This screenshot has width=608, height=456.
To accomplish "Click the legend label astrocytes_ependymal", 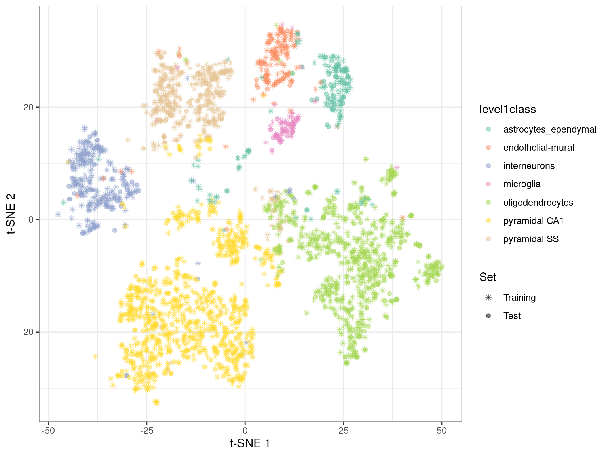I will click(x=549, y=129).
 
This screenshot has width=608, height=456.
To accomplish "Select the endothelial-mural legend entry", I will click(x=538, y=148).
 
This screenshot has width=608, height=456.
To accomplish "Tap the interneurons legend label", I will click(x=529, y=166).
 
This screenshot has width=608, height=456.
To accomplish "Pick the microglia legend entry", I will click(x=522, y=184).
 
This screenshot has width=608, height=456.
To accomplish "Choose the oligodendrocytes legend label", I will click(x=538, y=203).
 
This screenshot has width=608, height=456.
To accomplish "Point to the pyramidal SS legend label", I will click(x=531, y=239).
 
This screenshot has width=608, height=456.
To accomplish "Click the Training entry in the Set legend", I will click(x=519, y=298).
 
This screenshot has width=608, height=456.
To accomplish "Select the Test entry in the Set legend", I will click(x=512, y=316).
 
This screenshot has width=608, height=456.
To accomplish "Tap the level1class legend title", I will click(x=507, y=109).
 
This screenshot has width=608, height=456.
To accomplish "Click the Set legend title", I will click(x=488, y=277).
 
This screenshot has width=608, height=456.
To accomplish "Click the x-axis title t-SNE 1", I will click(x=250, y=443).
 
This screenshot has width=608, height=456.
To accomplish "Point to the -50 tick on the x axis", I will click(x=48, y=431).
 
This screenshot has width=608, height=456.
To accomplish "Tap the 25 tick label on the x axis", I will click(x=343, y=431).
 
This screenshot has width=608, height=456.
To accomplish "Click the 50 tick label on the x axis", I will click(x=442, y=431).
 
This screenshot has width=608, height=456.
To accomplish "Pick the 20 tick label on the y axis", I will click(x=29, y=107).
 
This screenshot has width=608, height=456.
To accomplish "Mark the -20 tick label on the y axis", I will click(x=28, y=332).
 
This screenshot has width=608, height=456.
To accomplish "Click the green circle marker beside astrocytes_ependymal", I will click(x=488, y=129).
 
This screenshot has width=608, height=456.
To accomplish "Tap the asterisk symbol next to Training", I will click(x=488, y=298).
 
